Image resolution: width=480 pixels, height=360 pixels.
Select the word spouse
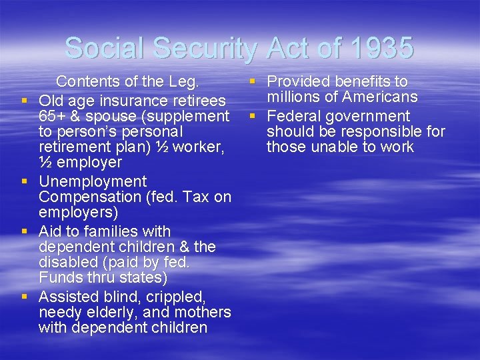coord(115,116)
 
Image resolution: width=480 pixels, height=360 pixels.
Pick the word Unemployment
coord(93,181)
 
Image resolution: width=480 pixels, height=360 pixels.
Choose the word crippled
coord(174,296)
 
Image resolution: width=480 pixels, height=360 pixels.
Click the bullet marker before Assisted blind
coord(24,296)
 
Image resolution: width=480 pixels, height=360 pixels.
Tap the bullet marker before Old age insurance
coord(24,101)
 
